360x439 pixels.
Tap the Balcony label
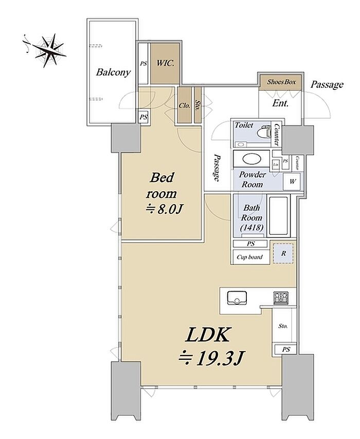[113, 72]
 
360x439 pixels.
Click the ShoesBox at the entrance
[281, 82]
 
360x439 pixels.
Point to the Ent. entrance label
[280, 103]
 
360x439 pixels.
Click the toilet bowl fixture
[263, 132]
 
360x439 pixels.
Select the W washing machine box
[292, 181]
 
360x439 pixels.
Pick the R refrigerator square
[283, 253]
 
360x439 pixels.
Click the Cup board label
[250, 257]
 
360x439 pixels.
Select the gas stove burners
[280, 297]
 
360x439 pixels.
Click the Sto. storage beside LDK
[283, 326]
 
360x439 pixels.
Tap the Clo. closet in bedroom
[184, 105]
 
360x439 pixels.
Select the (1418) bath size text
[250, 228]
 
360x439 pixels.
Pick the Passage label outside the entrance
[327, 84]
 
